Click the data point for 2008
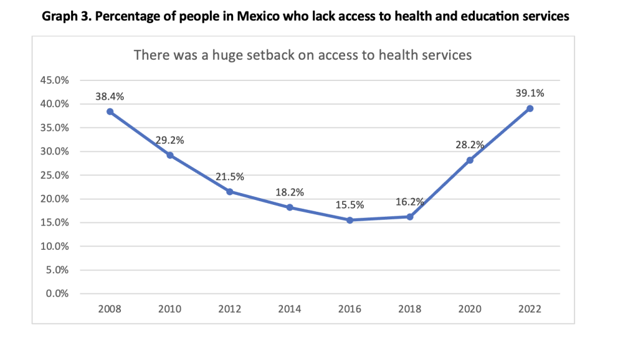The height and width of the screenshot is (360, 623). [110, 111]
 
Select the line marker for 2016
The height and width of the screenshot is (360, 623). [350, 220]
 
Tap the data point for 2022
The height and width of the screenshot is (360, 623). [530, 108]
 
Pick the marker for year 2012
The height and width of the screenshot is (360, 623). [230, 192]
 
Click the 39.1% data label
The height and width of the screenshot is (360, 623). [530, 93]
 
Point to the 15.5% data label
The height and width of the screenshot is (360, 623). [350, 205]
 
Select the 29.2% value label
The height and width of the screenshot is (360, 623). [169, 140]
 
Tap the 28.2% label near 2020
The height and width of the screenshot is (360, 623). [470, 145]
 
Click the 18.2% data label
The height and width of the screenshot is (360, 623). [290, 192]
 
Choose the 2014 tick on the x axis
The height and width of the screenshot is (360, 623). [290, 309]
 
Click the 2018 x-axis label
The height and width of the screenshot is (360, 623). [410, 309]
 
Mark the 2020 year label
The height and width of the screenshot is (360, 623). [470, 309]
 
